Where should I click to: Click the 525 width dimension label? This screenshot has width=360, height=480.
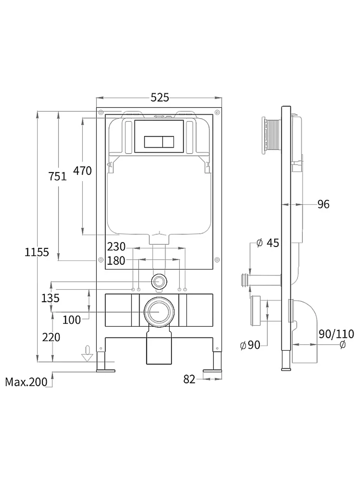coord(159,98)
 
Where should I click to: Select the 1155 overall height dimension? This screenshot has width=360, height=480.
coord(37,252)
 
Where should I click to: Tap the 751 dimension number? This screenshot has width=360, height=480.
coord(58,176)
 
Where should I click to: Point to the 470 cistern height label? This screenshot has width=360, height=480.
coord(82,171)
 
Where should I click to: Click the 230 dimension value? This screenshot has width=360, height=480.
coord(116,247)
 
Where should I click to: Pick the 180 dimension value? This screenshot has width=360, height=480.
coord(116,261)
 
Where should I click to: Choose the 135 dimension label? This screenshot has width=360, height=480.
coord(50,298)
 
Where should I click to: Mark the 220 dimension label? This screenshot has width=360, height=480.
coord(51,337)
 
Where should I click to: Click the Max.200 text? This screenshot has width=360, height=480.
coord(26,382)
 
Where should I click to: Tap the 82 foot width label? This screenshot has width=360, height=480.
coord(189,380)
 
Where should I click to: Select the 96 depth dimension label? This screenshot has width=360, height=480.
coord(324,204)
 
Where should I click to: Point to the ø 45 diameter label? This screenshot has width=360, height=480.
coord(268,243)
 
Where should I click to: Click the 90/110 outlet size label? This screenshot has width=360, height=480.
coord(336,334)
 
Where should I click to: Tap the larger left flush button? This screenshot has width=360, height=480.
coord(153,142)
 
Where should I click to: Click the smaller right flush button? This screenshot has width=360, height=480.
coord(168,142)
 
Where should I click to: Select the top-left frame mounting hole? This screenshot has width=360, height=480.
coord(101,112)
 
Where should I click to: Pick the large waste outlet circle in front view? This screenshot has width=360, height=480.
coord(159,312)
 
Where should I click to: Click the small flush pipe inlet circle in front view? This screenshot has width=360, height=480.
coord(159,282)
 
